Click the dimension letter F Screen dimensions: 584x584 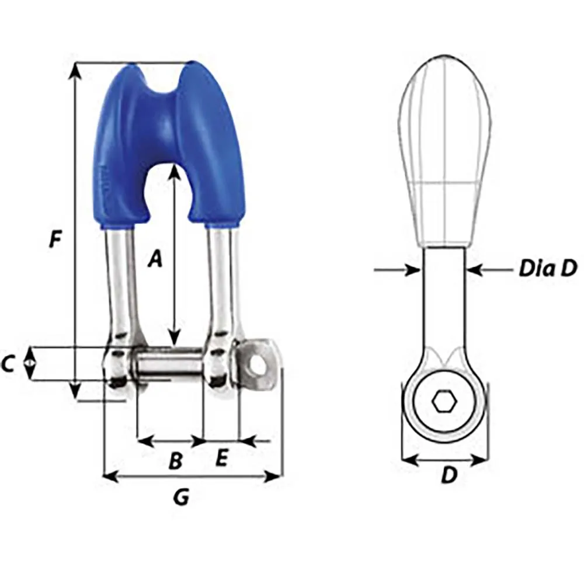(x=55, y=239)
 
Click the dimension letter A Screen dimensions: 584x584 (x=154, y=258)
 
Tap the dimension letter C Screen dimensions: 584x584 (x=8, y=364)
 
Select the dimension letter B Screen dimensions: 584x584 (x=175, y=461)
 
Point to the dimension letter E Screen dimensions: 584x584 (x=220, y=458)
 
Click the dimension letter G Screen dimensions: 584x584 (x=181, y=498)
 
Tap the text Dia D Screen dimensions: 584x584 (x=547, y=269)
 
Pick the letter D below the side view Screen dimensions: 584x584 (x=448, y=476)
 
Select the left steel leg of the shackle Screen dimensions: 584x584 (x=121, y=280)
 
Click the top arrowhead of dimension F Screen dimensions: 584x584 (x=75, y=68)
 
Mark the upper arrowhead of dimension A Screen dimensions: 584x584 (x=173, y=171)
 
